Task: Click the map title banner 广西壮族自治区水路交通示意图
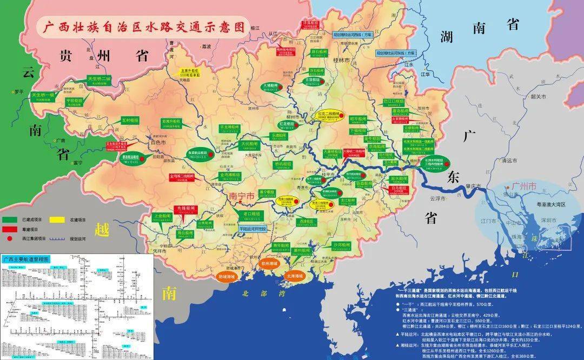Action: point(140,26)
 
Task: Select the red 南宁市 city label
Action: point(241,197)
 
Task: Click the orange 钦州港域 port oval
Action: point(269,264)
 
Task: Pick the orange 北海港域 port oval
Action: point(295,275)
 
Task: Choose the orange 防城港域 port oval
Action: point(227,275)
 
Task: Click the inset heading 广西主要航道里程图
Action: point(26,259)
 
